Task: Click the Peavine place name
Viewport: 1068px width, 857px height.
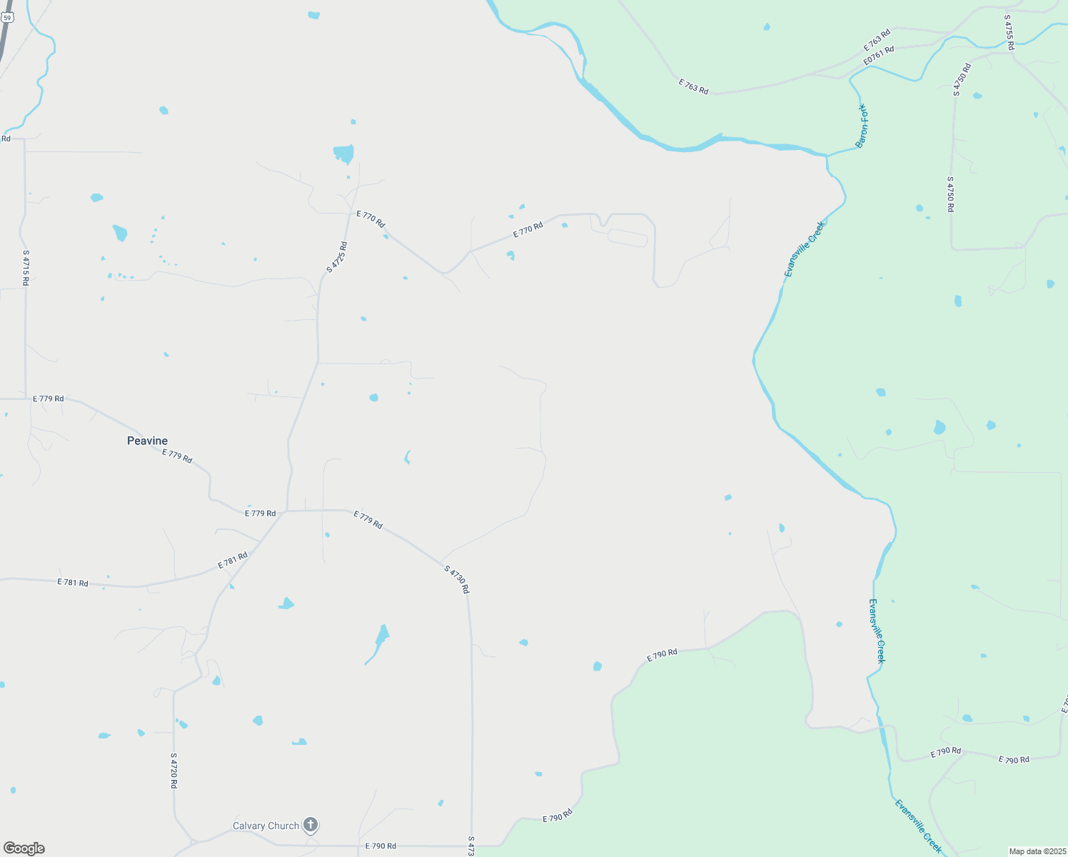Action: pos(147,441)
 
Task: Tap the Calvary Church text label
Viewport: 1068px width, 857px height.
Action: pos(266,826)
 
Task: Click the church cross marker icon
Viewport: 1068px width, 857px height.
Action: pos(310,825)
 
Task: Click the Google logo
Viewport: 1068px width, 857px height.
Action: pos(24,848)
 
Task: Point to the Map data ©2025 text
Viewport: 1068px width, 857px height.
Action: pos(1037,851)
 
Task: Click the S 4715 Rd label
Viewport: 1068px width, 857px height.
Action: pos(26,268)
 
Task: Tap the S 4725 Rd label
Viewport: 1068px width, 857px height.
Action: pos(337,257)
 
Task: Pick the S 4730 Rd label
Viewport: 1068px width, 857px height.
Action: pos(456,579)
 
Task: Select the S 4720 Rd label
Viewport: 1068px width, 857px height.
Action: pos(173,770)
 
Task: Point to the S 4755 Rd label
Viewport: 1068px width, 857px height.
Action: pos(1009,32)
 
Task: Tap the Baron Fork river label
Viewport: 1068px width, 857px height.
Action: pos(862,126)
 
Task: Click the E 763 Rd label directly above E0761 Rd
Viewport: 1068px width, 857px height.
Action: pos(877,39)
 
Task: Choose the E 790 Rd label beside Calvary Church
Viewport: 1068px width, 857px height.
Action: pos(381,846)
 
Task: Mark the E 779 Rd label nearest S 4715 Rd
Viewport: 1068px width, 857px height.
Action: pos(49,399)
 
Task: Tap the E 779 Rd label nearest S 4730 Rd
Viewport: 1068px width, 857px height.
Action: pos(368,519)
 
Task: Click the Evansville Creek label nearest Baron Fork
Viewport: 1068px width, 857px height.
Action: pos(805,249)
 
